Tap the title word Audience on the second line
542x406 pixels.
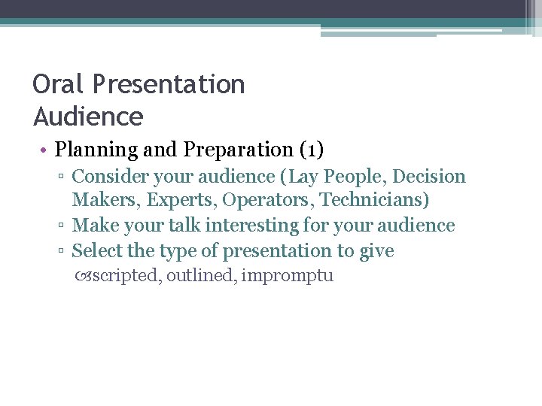tap(88, 117)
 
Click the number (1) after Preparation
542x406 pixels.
tap(312, 150)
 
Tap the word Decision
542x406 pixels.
tap(429, 177)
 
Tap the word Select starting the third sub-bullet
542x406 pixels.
tap(99, 250)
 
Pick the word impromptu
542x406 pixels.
tap(288, 277)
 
